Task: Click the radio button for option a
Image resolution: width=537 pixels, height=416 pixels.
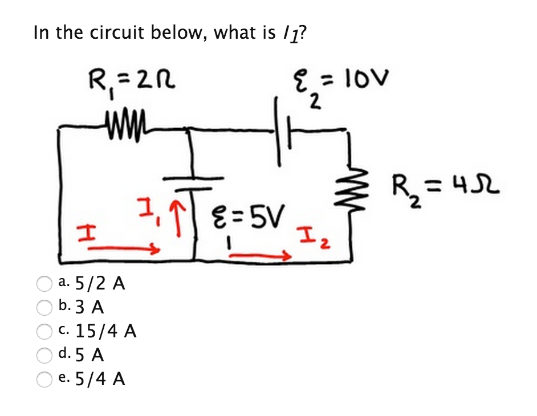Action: [x=44, y=283]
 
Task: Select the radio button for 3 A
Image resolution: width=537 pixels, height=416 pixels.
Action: [x=44, y=308]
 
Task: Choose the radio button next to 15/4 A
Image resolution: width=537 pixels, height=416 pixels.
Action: [x=44, y=332]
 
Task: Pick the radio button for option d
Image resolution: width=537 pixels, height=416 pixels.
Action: [x=44, y=356]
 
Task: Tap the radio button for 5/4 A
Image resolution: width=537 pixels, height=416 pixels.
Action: [x=44, y=380]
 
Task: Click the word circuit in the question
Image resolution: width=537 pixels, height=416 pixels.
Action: [x=121, y=32]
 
